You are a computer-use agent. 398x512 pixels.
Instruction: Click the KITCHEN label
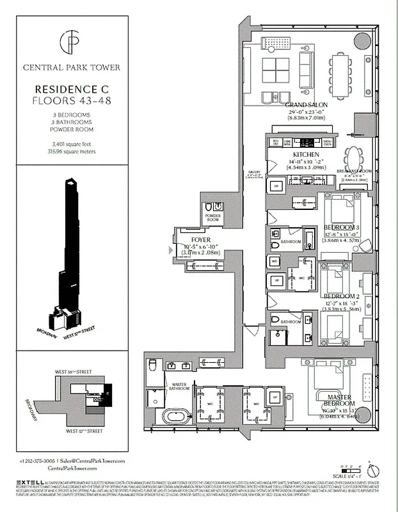(x=306, y=155)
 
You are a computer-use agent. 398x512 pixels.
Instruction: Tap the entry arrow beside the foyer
(x=170, y=250)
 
